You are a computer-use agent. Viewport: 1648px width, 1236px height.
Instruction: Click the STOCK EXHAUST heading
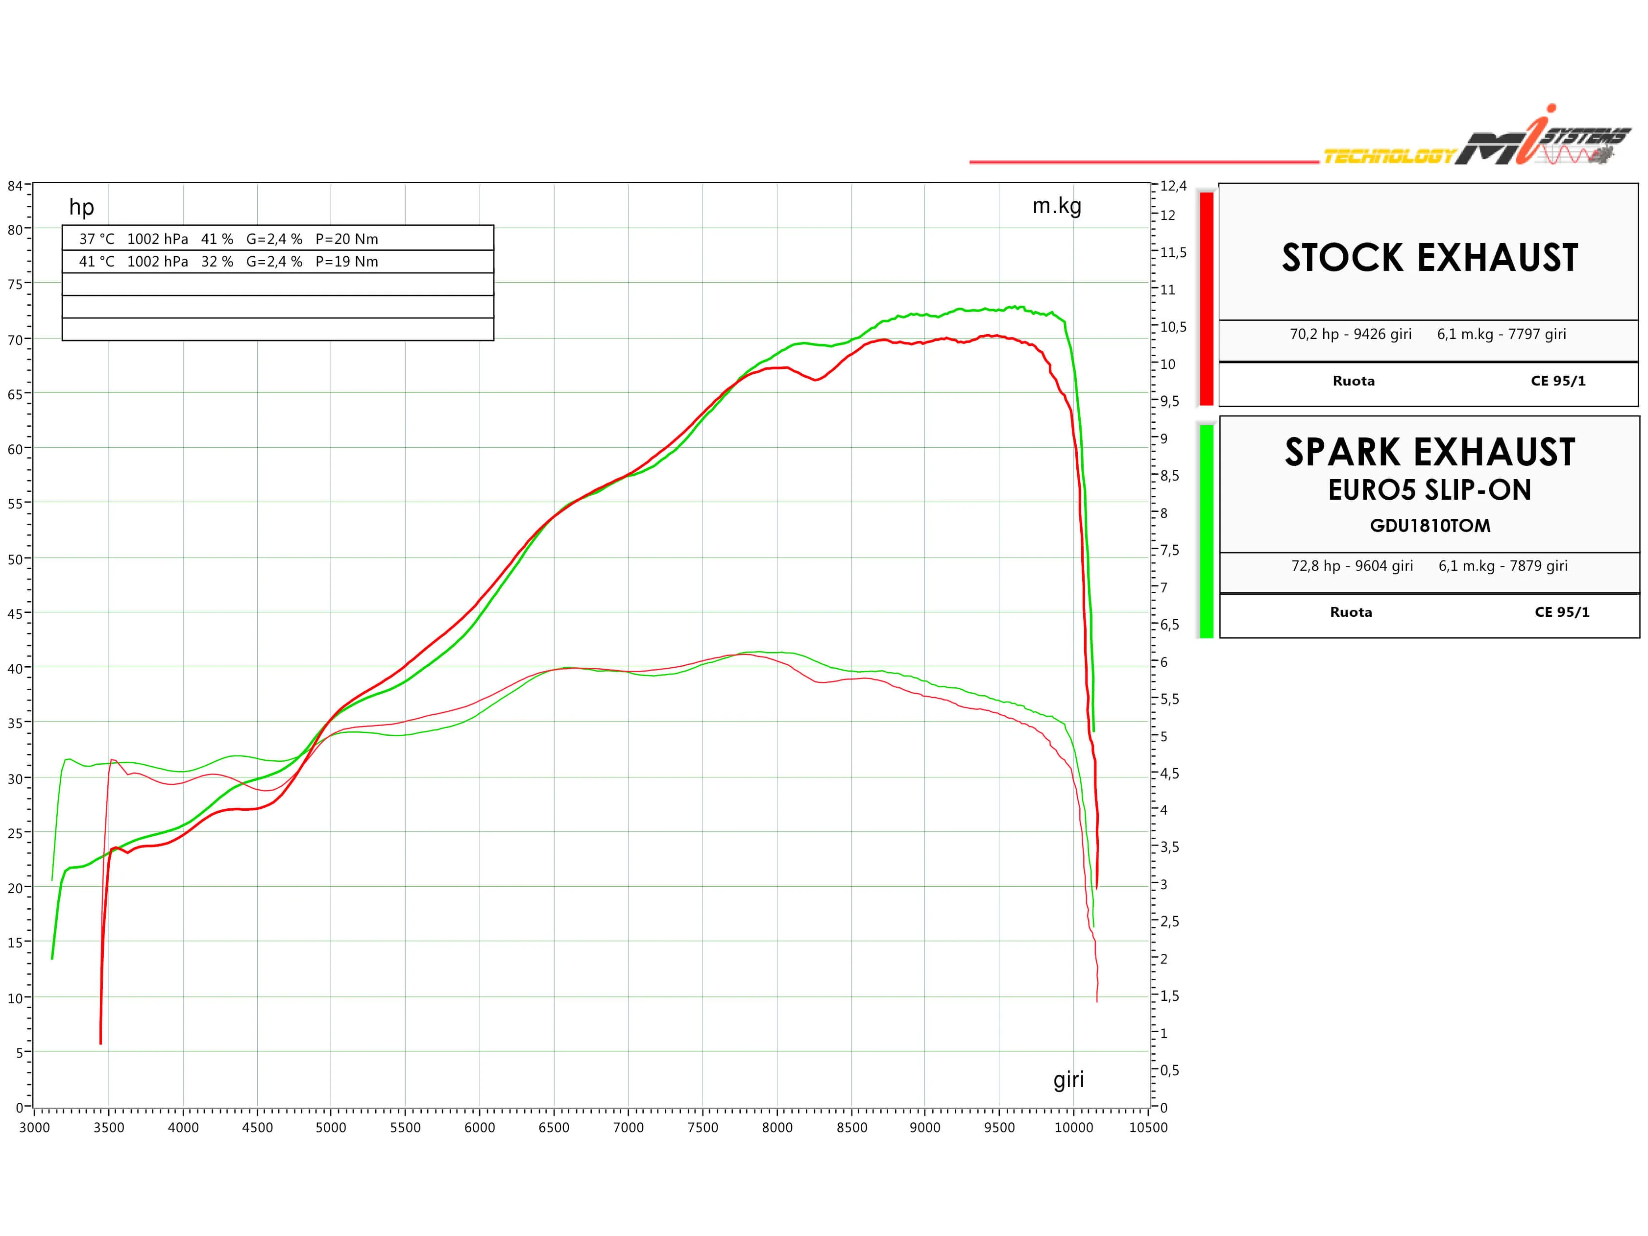coord(1430,258)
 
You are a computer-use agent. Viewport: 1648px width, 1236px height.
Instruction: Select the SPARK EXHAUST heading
coord(1430,452)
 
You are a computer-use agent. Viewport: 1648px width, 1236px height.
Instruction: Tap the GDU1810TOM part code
coord(1430,526)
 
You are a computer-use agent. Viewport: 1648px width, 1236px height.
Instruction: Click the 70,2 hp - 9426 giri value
coord(1351,334)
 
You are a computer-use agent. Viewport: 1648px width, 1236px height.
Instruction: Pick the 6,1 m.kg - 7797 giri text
coord(1501,334)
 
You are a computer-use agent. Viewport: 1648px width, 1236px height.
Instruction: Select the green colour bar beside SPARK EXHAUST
coord(1206,531)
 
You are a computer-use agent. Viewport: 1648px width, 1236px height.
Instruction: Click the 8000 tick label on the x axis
coord(777,1127)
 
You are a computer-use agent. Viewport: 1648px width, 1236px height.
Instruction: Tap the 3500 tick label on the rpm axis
coord(109,1127)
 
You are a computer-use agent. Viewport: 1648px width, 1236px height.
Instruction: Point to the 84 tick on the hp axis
coord(15,186)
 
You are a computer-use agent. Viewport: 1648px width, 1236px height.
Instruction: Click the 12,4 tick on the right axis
coord(1173,186)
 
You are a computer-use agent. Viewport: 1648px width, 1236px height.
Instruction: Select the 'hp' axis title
coord(81,207)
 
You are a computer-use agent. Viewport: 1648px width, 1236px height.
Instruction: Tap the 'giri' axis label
coord(1068,1080)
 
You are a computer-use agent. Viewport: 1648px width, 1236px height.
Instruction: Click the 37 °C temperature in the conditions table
coord(97,239)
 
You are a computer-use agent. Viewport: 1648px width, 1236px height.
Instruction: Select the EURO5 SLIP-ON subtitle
coord(1430,490)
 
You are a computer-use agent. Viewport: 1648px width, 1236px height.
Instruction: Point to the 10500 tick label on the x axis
coord(1148,1127)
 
